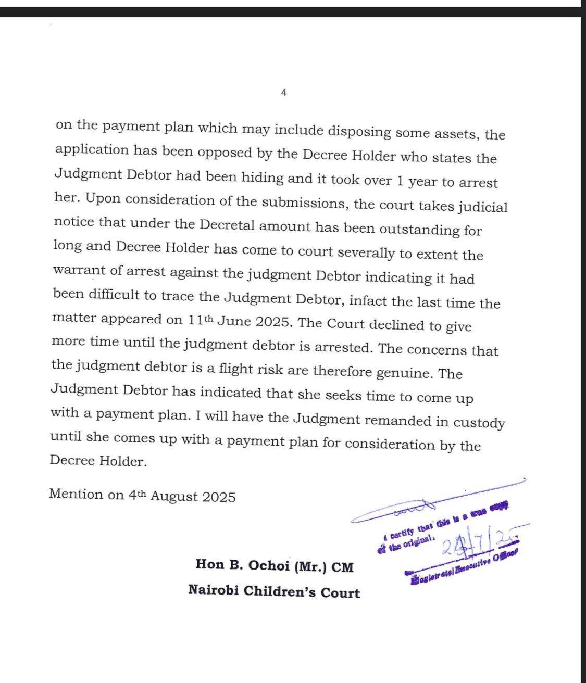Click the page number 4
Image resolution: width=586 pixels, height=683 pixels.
[283, 93]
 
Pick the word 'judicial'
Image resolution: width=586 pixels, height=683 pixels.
[483, 207]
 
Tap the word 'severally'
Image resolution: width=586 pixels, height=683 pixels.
[366, 253]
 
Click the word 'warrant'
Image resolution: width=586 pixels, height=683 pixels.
[78, 271]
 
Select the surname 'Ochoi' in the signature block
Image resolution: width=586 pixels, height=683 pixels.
[265, 565]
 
